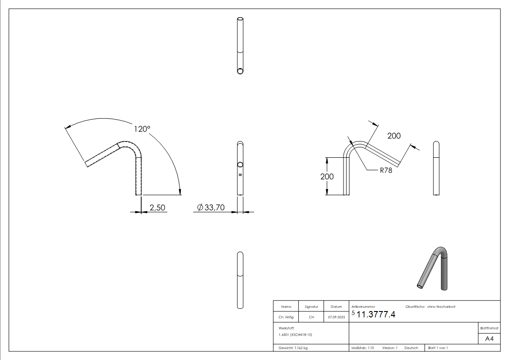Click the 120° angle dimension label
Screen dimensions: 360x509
tap(141, 129)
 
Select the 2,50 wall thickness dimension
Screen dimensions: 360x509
tap(157, 208)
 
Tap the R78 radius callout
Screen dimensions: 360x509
tap(386, 170)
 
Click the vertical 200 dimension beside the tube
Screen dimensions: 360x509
tap(327, 177)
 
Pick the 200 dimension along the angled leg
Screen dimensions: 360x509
tap(394, 136)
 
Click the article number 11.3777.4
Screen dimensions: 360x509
tap(376, 315)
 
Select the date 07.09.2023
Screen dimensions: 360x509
tap(336, 317)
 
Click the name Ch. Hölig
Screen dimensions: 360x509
tap(286, 317)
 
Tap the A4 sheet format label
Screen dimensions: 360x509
tap(489, 338)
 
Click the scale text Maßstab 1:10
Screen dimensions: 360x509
tap(363, 348)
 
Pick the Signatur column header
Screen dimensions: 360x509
tap(311, 307)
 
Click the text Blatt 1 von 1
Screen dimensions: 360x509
tap(438, 348)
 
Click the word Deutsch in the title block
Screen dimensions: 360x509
tap(412, 348)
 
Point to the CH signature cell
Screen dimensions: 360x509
tap(311, 317)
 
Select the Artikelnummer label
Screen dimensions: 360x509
tap(363, 307)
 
